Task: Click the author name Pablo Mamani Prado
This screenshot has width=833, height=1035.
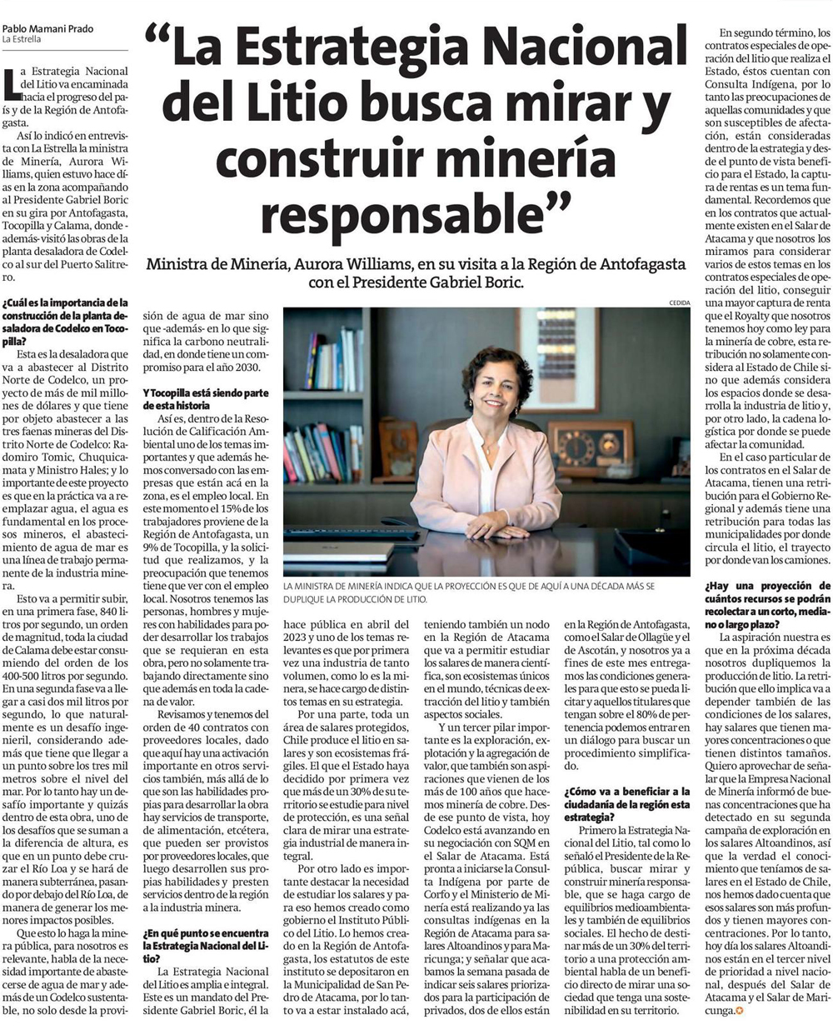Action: click(x=47, y=28)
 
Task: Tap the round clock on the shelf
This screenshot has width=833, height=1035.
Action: click(x=574, y=448)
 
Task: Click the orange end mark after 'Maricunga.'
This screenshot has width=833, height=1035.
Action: click(x=739, y=1011)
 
